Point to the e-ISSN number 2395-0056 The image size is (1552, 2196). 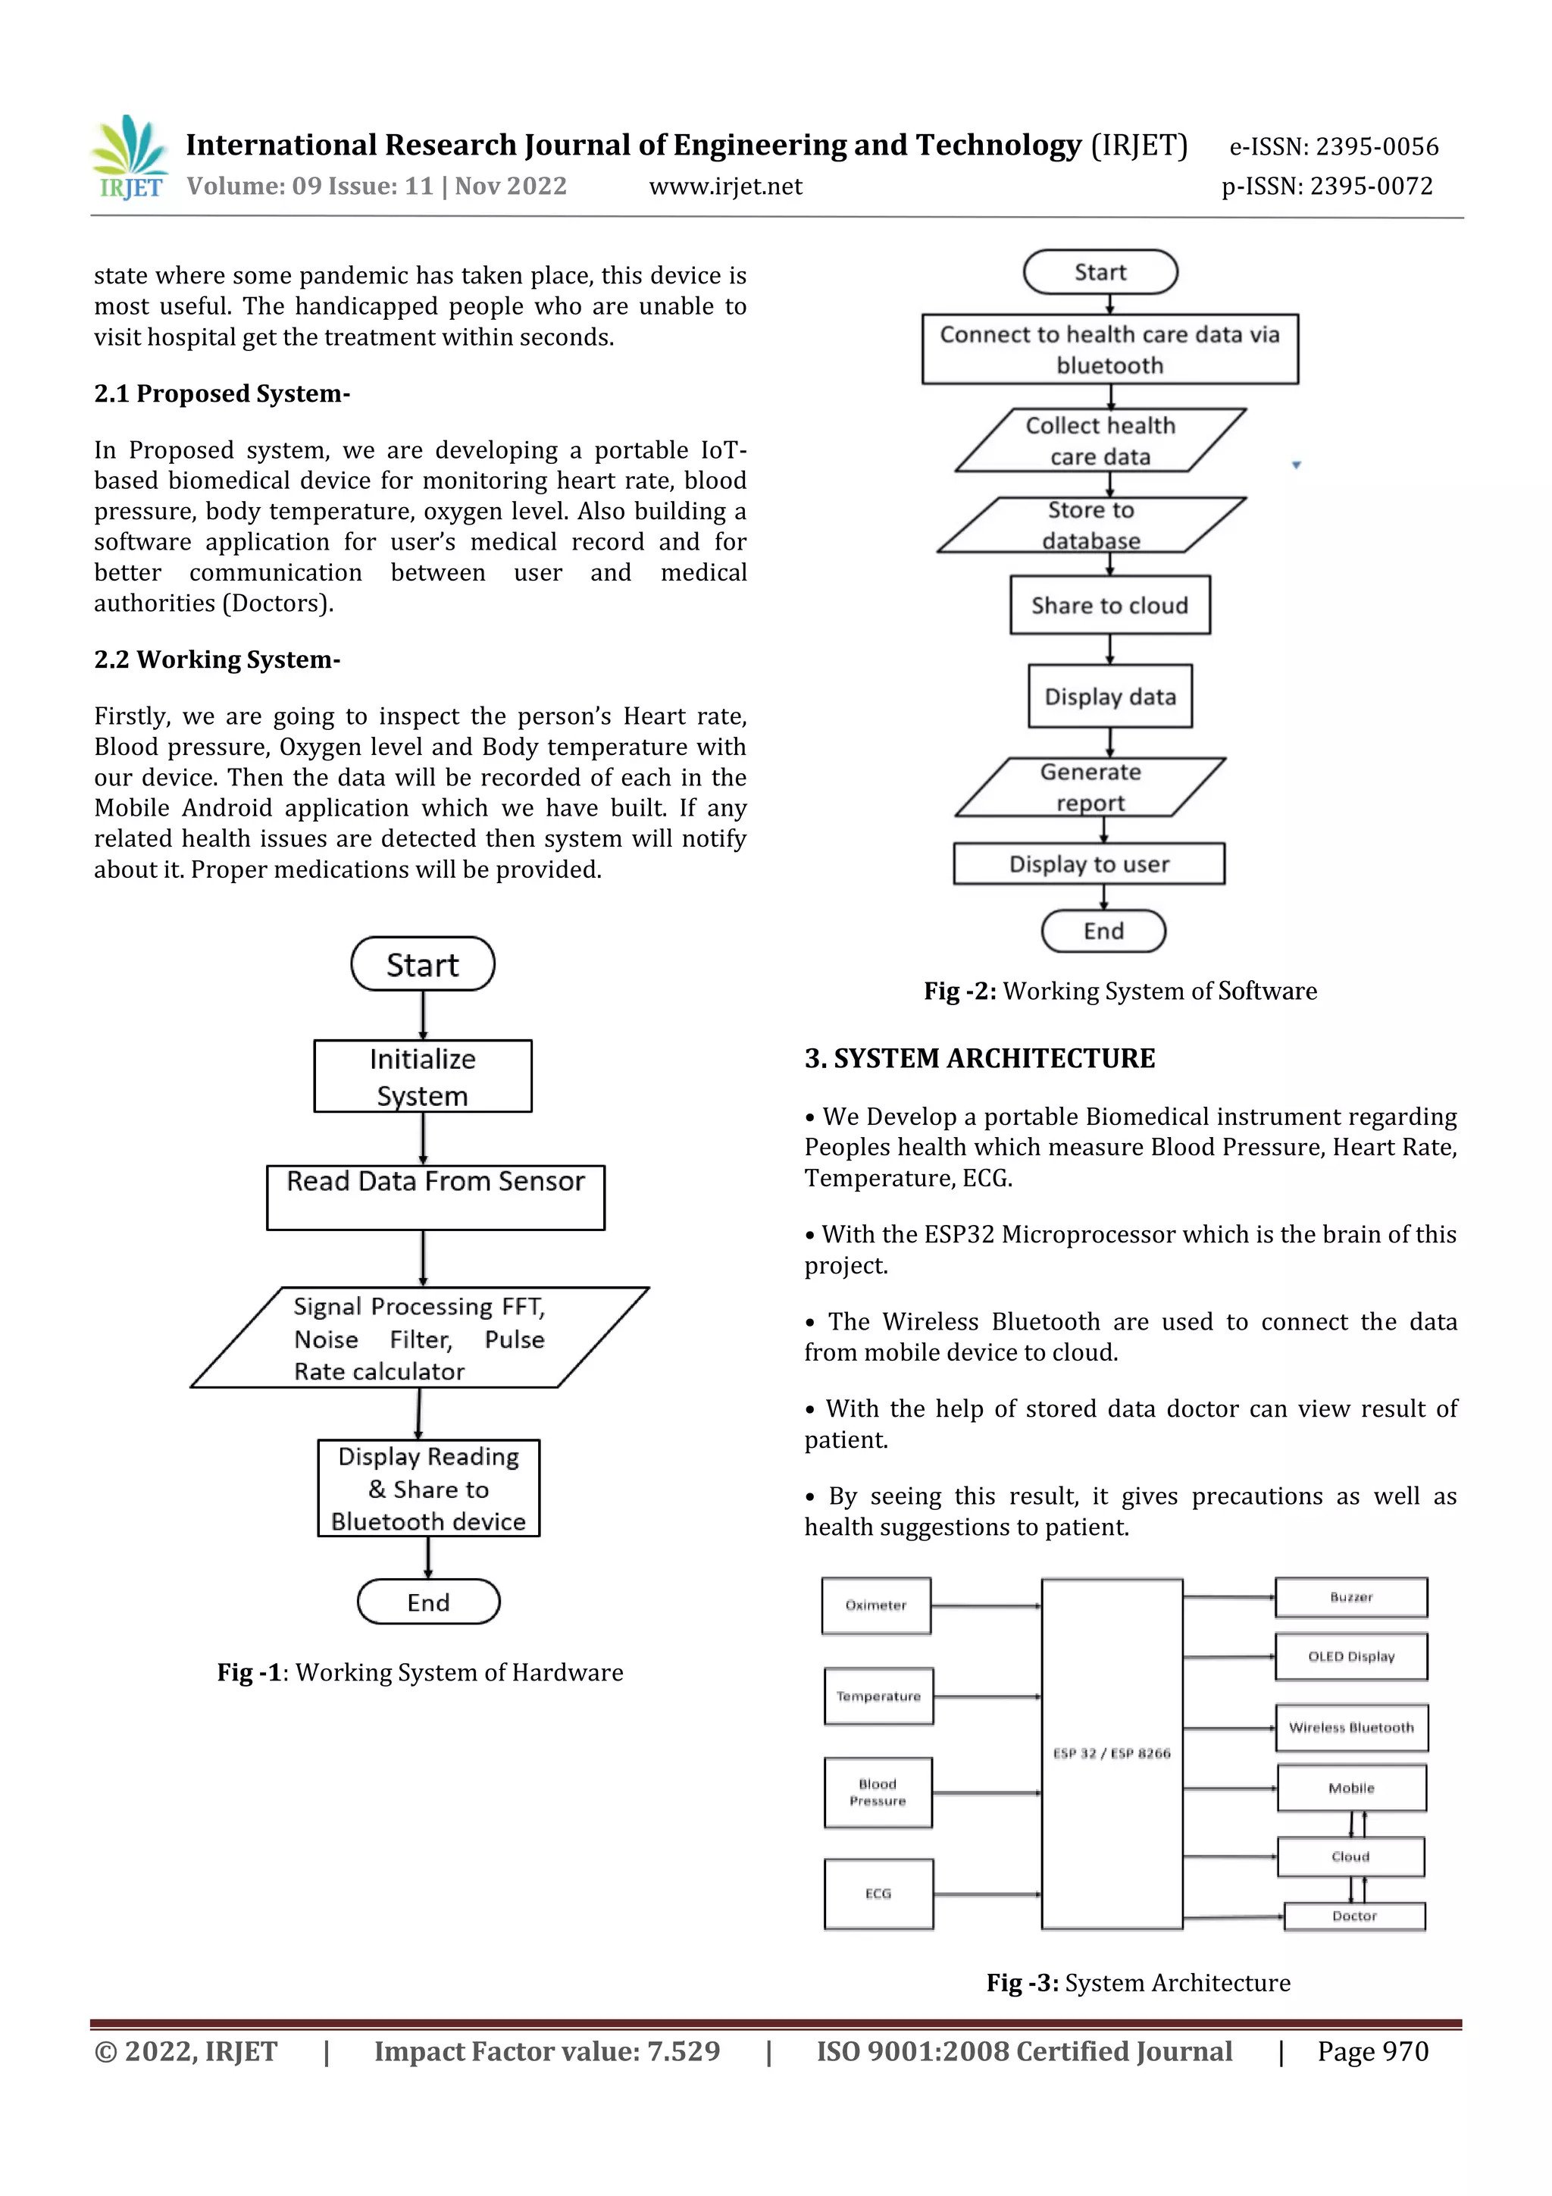click(1376, 146)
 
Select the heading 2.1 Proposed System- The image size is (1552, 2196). click(222, 394)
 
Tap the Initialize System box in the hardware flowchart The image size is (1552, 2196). click(423, 1076)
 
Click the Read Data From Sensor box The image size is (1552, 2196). click(435, 1196)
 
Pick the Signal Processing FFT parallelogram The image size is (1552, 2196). click(419, 1338)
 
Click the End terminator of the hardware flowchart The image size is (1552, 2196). click(428, 1602)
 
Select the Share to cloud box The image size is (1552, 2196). click(1109, 606)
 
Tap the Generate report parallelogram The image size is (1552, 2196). click(1090, 787)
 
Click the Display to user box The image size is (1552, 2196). click(1088, 863)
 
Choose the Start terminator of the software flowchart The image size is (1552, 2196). click(1100, 273)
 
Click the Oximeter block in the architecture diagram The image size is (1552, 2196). click(876, 1605)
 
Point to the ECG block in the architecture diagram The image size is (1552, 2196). click(878, 1894)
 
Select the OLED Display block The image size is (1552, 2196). click(1350, 1656)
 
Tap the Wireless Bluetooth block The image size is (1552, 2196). click(1350, 1728)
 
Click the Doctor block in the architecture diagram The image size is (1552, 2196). click(1354, 1916)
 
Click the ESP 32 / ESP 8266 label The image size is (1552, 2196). click(1111, 1753)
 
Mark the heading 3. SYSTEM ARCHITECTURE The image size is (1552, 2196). click(979, 1059)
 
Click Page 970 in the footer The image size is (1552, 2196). click(1372, 2050)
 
